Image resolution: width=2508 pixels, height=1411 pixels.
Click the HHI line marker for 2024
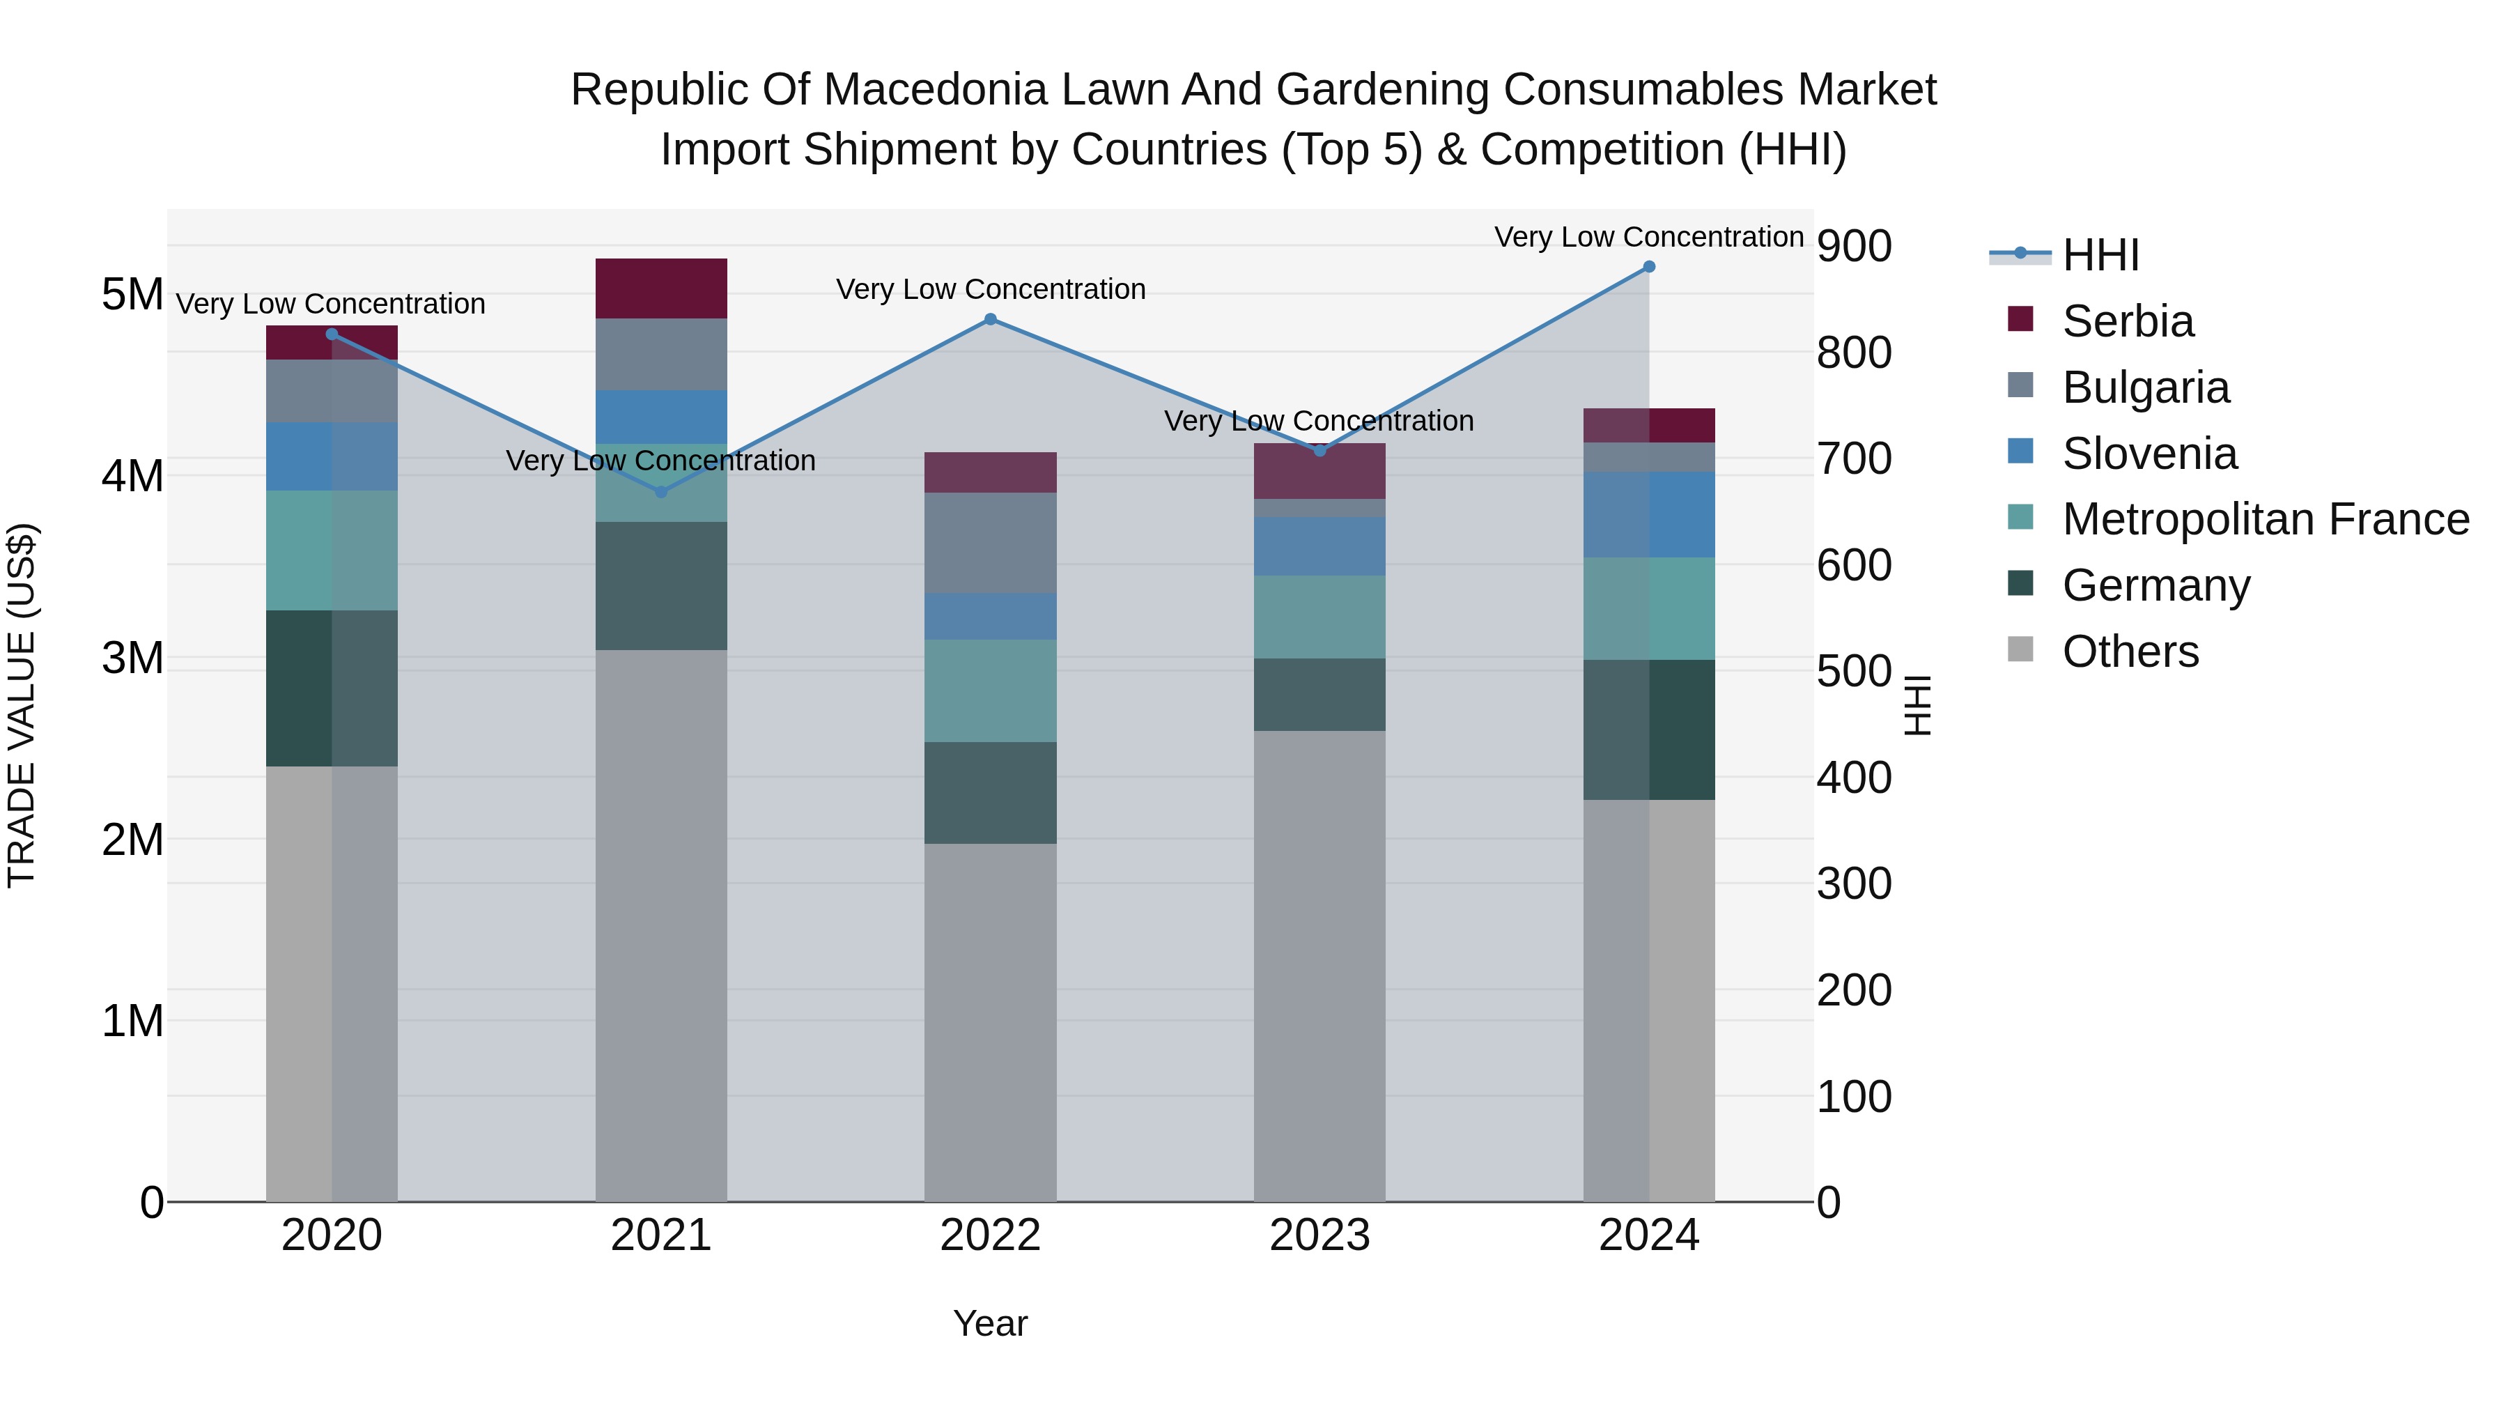tap(1648, 267)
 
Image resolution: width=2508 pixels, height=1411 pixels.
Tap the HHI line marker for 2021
tap(661, 492)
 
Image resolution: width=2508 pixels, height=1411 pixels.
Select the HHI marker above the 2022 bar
tap(990, 319)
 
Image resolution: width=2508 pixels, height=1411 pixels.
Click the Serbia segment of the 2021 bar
tap(661, 288)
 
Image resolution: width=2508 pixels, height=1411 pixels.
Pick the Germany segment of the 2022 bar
tap(990, 793)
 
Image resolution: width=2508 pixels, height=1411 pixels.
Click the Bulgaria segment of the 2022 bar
tap(990, 542)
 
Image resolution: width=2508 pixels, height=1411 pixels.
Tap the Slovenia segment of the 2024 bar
tap(1648, 514)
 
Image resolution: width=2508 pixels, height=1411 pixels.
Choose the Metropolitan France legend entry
tap(2265, 519)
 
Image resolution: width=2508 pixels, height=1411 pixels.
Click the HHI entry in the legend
tap(2100, 255)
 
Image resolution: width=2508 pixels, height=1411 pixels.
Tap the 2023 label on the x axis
tap(1319, 1235)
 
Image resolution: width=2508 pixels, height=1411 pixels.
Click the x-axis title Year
tap(990, 1323)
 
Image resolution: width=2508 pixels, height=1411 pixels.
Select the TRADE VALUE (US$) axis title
tap(22, 705)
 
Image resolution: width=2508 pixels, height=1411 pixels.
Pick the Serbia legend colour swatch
tap(2020, 319)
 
